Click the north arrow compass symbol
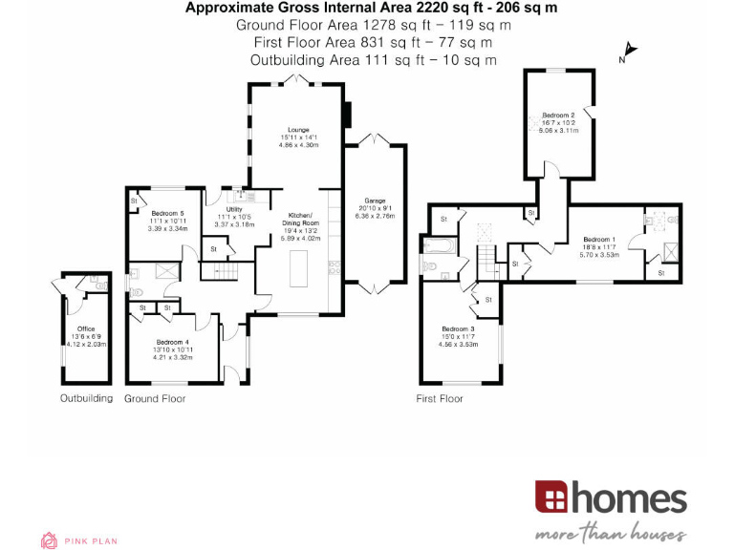629,51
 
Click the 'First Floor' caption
440,398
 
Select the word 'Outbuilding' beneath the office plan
86,398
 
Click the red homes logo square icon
551,497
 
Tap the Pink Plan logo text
91,541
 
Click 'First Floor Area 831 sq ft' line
373,42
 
